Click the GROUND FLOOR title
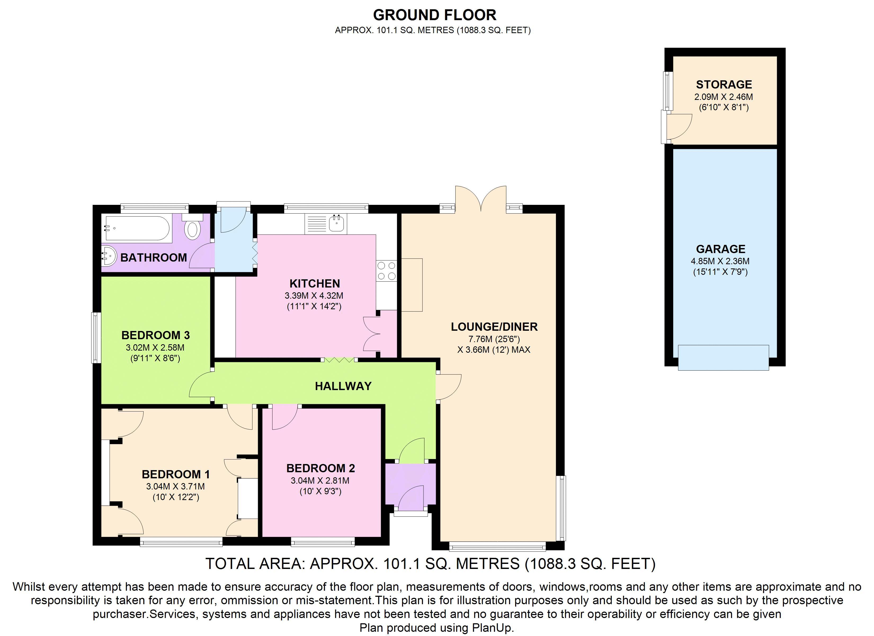click(x=434, y=15)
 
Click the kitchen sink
click(x=336, y=224)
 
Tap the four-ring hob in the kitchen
click(x=386, y=270)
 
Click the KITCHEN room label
click(x=315, y=284)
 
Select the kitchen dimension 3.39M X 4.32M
click(x=314, y=296)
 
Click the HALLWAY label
click(x=343, y=386)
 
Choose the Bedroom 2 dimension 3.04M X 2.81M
click(x=320, y=480)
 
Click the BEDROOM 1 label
click(x=176, y=474)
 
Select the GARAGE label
click(x=721, y=249)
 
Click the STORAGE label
click(x=724, y=85)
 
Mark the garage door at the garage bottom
click(x=723, y=357)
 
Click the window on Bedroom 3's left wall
click(x=96, y=337)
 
